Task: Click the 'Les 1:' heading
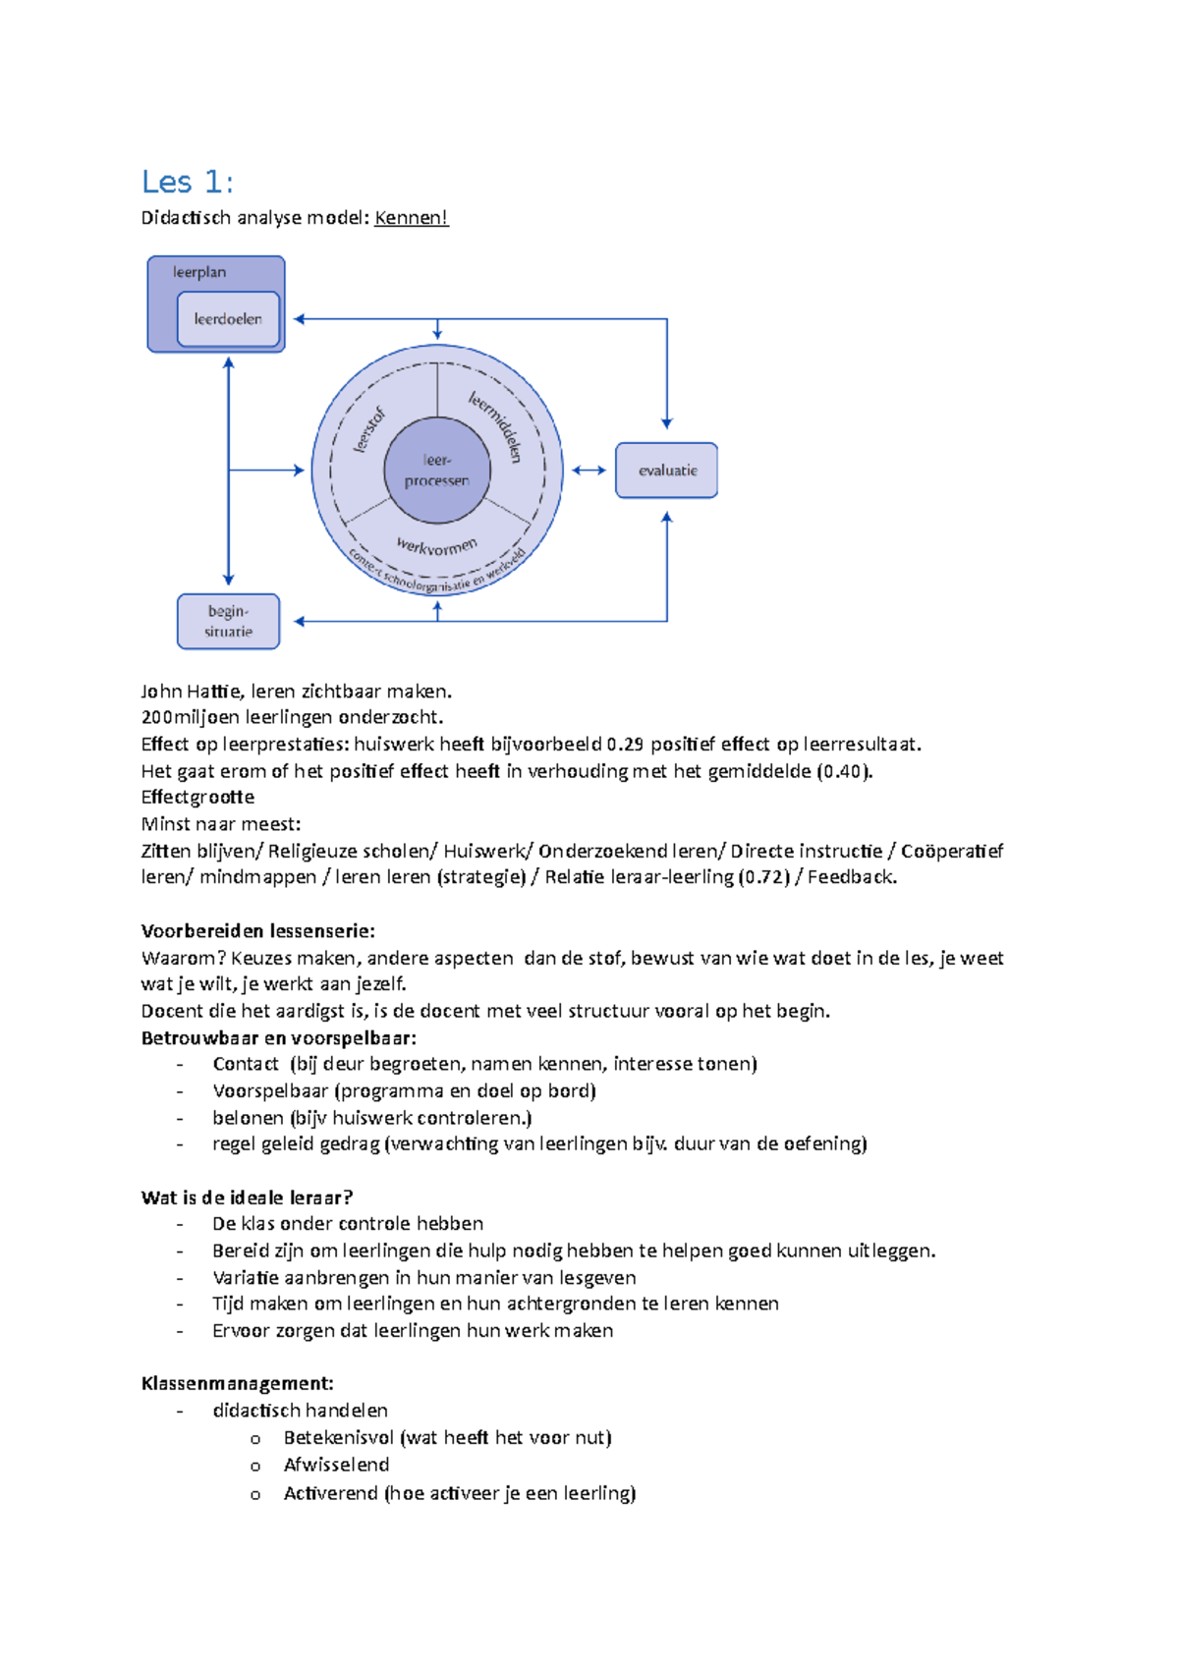click(x=187, y=182)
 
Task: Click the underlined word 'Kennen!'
click(x=411, y=218)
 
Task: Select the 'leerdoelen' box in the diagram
click(x=228, y=319)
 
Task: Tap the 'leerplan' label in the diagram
click(x=199, y=272)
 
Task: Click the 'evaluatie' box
click(x=667, y=471)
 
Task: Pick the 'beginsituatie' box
click(x=228, y=621)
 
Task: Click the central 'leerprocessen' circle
click(x=437, y=471)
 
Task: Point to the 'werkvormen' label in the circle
click(x=437, y=546)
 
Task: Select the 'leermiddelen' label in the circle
click(x=495, y=426)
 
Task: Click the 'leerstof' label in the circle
click(x=369, y=429)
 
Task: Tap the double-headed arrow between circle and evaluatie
click(x=589, y=471)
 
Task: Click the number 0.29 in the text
click(x=625, y=745)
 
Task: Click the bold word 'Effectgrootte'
click(x=197, y=798)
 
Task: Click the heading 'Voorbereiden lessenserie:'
click(x=257, y=931)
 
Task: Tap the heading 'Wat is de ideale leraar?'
click(x=247, y=1197)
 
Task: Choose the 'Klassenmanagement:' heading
click(x=237, y=1384)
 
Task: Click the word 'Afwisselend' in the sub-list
click(x=336, y=1465)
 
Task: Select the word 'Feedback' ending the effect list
click(x=850, y=877)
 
